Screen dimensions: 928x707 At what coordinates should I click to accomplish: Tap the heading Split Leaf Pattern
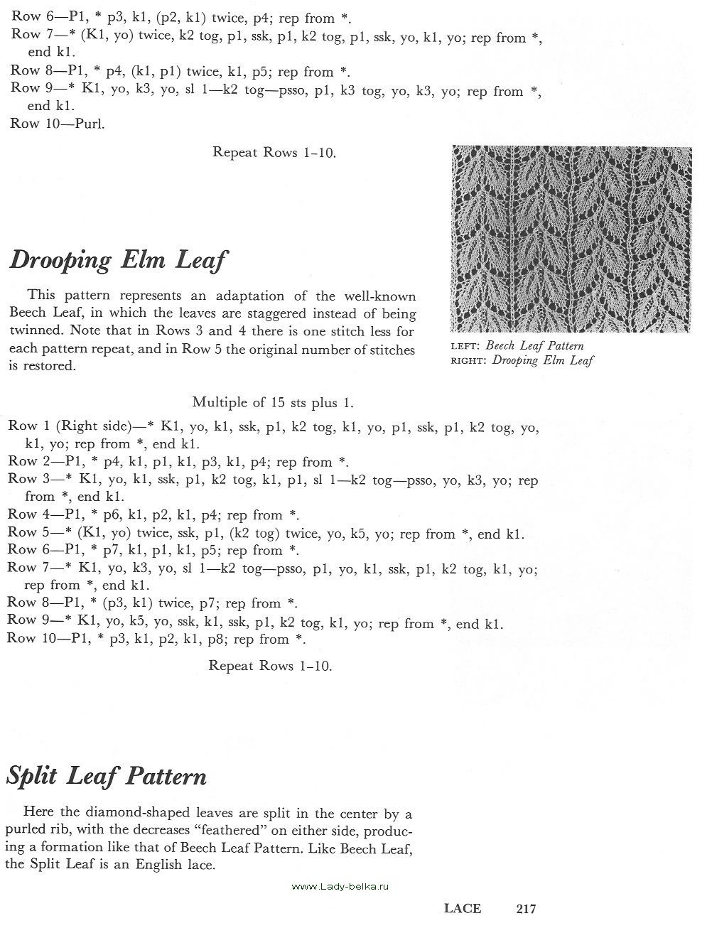click(x=106, y=775)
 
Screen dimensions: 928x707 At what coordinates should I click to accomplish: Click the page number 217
click(x=526, y=908)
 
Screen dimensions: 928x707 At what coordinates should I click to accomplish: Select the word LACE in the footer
click(x=463, y=908)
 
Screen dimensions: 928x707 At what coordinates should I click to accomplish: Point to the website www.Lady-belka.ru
click(x=341, y=886)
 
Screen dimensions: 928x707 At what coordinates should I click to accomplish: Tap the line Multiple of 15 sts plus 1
click(x=273, y=402)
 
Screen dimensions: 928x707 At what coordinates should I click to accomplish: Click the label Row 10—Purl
click(x=58, y=124)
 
